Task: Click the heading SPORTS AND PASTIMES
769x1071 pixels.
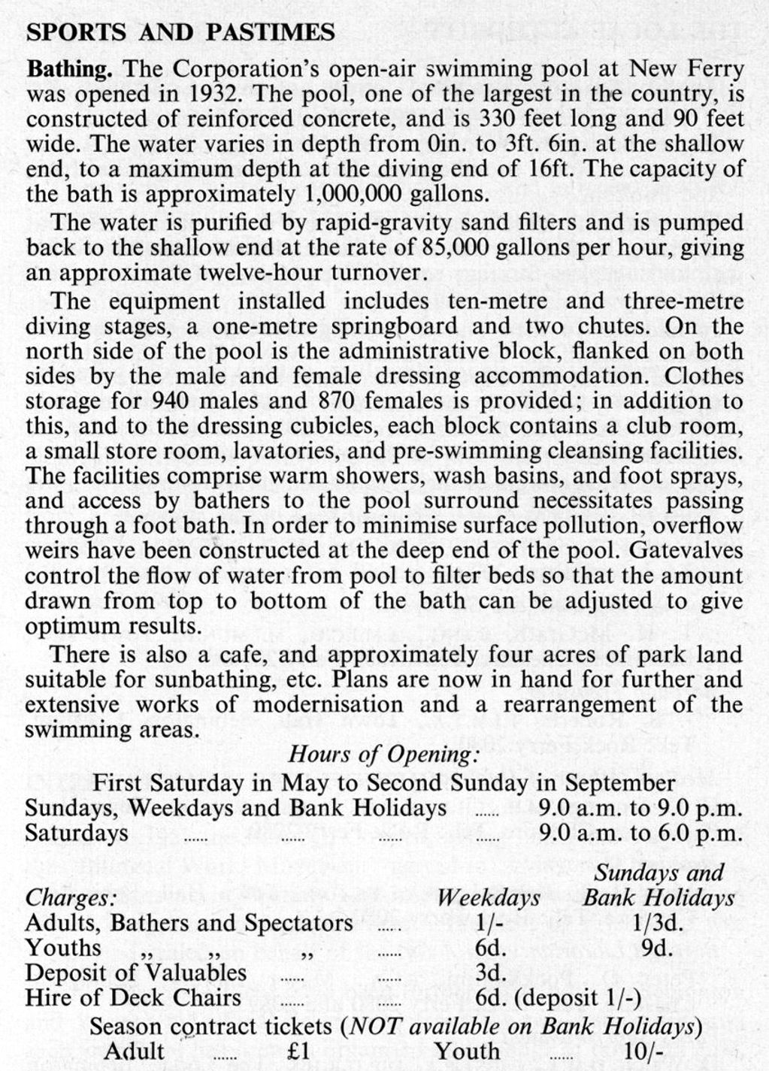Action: point(180,32)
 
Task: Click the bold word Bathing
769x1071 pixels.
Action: point(70,69)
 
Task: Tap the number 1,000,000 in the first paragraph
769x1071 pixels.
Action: point(353,194)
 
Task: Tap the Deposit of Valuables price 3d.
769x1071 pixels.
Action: point(490,972)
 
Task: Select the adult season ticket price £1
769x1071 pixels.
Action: point(298,1051)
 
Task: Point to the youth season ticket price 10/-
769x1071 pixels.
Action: point(643,1051)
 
